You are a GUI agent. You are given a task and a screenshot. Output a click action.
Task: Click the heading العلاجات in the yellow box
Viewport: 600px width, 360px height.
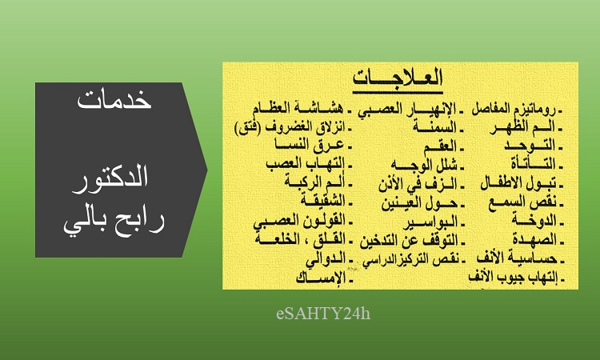398,78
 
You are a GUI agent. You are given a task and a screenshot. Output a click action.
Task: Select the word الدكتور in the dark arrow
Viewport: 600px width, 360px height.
110,178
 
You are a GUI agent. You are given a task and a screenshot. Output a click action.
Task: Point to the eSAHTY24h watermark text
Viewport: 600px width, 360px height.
323,314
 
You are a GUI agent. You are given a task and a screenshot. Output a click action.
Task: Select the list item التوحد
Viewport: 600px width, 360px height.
530,146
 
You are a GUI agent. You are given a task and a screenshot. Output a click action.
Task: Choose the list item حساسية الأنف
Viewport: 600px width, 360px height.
517,258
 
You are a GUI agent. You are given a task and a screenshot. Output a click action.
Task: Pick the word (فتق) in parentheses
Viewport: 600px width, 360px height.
247,128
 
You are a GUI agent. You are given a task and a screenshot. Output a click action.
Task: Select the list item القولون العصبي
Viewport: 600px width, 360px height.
299,222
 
